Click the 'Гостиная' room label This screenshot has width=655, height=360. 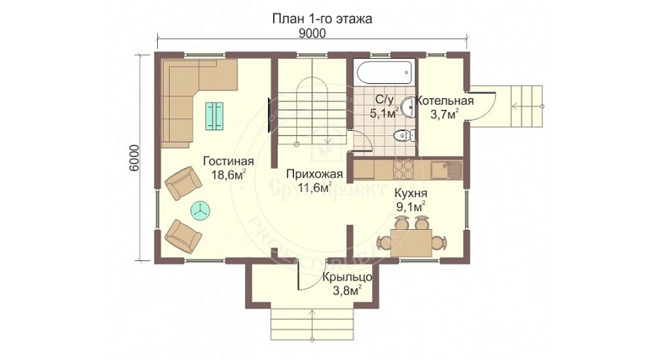tap(228, 161)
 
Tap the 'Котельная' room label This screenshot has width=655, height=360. tap(445, 102)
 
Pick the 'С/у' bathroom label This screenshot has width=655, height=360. tap(384, 100)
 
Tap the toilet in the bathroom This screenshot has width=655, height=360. tap(403, 135)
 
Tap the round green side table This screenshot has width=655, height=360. tap(200, 210)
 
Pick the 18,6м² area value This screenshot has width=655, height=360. tap(228, 176)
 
